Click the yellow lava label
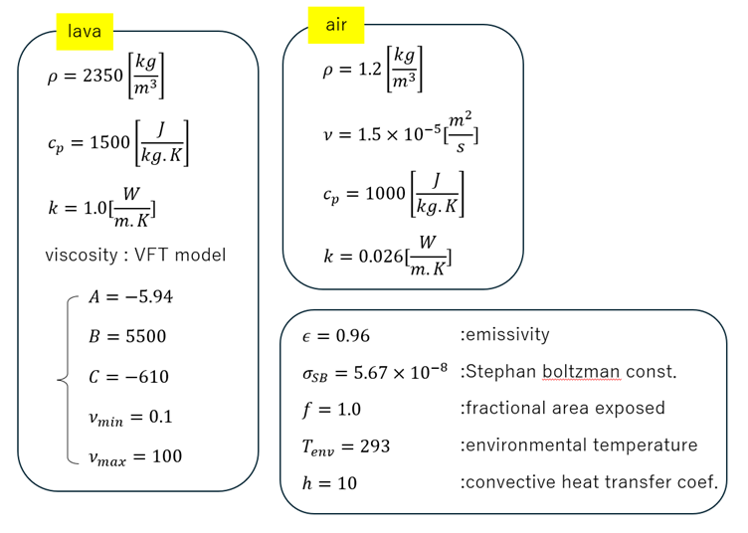(85, 32)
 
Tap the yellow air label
(336, 25)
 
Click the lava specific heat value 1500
(108, 143)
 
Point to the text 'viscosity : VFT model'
(135, 255)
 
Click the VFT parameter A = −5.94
(130, 296)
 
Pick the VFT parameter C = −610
(128, 377)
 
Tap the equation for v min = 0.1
(129, 417)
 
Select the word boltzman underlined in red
(582, 372)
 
